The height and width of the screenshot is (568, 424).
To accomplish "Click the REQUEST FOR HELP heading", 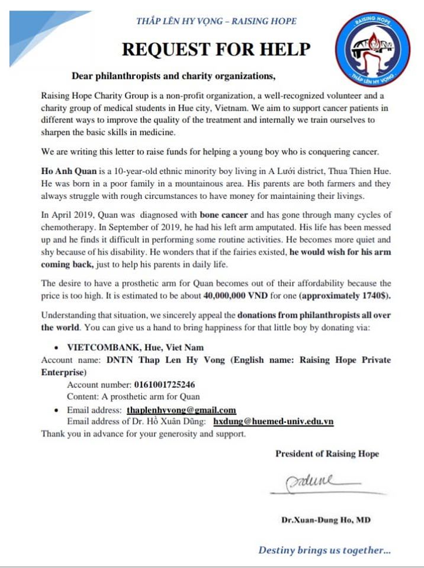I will (x=216, y=50).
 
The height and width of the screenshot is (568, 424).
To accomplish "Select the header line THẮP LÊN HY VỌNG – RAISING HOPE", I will (x=216, y=21).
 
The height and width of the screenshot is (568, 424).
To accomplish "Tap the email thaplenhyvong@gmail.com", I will (x=181, y=410).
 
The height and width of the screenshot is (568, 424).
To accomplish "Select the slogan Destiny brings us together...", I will (x=324, y=550).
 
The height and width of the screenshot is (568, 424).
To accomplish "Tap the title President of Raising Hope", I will (x=327, y=454).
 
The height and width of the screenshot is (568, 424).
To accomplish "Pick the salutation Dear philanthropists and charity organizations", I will (x=174, y=76).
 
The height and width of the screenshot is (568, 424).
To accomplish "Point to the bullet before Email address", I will (x=55, y=410).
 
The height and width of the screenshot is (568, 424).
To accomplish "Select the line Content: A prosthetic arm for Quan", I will (x=133, y=396).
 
